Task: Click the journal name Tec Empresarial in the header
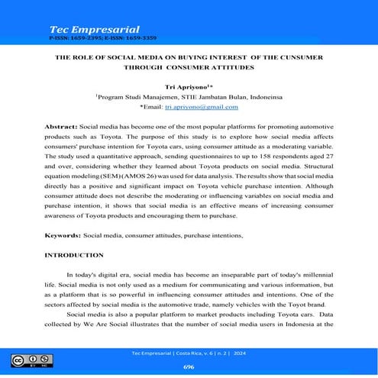pyautogui.click(x=86, y=27)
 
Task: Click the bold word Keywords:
pyautogui.click(x=64, y=236)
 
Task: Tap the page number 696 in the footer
pyautogui.click(x=189, y=366)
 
